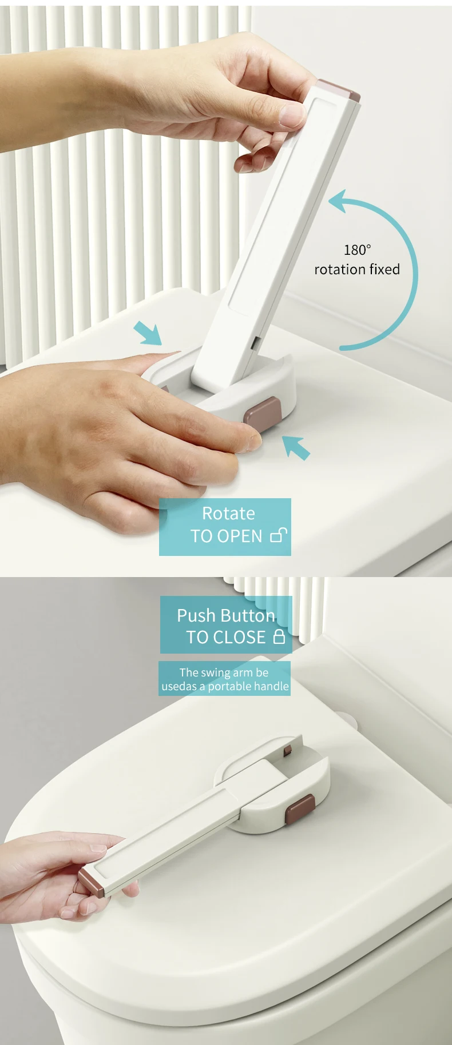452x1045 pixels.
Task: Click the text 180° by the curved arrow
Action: (357, 250)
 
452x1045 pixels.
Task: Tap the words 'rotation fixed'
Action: (357, 269)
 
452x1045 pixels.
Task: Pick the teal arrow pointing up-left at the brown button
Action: (296, 447)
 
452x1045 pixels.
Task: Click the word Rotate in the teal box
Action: (228, 514)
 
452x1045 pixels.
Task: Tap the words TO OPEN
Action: (226, 536)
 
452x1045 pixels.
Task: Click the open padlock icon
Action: (278, 535)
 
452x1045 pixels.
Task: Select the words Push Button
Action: (226, 615)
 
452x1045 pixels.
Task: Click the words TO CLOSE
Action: (226, 637)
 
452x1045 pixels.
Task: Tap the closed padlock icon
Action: (279, 636)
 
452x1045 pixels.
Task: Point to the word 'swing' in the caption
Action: (215, 673)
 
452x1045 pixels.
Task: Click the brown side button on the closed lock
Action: (300, 810)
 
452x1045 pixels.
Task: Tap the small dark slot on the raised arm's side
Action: (255, 343)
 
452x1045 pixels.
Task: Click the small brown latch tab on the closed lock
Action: (289, 749)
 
